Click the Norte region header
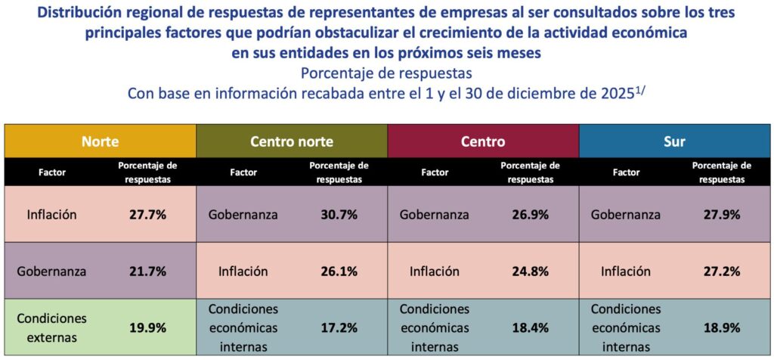[101, 141]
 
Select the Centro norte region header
[292, 141]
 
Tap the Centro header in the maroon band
[483, 141]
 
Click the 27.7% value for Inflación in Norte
[147, 214]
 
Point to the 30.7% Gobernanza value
[339, 214]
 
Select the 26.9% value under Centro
[530, 214]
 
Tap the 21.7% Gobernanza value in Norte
[147, 271]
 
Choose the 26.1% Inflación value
[339, 271]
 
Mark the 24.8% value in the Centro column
[530, 271]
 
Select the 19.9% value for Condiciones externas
[147, 327]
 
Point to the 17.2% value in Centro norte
[339, 327]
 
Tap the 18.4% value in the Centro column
[530, 327]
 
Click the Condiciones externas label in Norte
[52, 327]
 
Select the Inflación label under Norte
[52, 214]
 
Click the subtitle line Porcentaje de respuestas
[386, 73]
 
